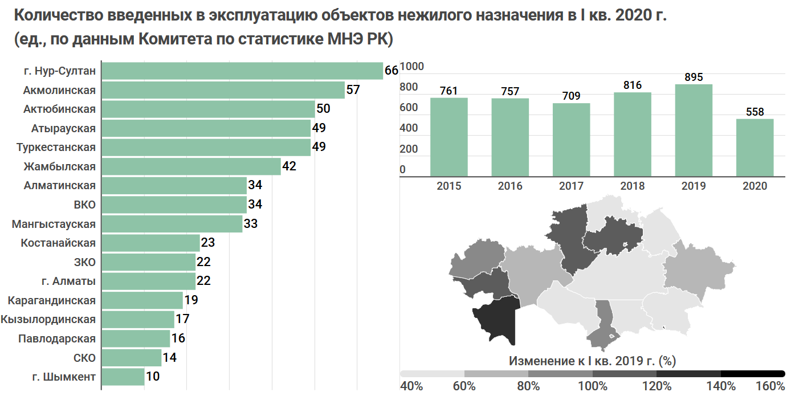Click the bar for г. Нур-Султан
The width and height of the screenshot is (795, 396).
(242, 71)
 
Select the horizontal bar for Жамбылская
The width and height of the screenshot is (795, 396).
(191, 167)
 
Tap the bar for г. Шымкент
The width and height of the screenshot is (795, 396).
(123, 377)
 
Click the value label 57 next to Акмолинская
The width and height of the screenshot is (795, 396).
(353, 90)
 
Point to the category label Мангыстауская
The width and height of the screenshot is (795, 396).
(54, 224)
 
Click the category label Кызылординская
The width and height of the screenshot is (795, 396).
(48, 319)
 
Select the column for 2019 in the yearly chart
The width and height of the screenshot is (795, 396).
(694, 130)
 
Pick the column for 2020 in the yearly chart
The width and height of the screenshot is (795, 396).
(755, 148)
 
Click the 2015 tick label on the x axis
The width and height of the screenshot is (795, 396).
(449, 186)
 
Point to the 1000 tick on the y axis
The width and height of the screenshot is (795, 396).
(412, 67)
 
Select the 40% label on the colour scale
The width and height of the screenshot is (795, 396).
(411, 386)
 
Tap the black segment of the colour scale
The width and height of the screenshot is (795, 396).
(752, 373)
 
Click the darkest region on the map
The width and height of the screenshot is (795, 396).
(496, 322)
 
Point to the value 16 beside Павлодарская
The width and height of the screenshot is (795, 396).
(178, 338)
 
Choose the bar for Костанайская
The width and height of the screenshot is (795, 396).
(150, 243)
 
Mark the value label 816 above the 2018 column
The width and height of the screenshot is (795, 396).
(632, 85)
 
